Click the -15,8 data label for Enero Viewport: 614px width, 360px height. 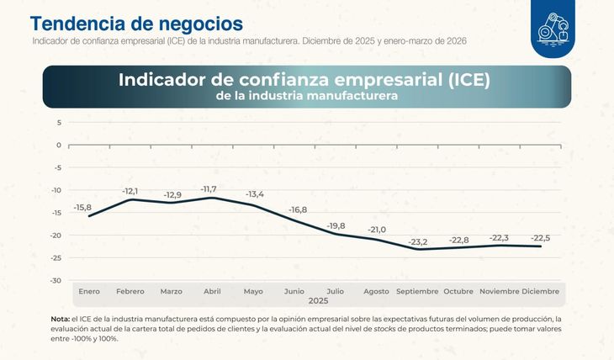click(x=82, y=207)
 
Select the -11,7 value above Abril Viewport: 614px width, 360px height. click(x=212, y=188)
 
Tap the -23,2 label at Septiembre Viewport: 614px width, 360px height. click(x=417, y=242)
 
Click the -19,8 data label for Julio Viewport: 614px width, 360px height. click(x=336, y=226)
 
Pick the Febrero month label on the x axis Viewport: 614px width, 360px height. click(x=130, y=291)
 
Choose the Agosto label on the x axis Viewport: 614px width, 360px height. click(x=376, y=291)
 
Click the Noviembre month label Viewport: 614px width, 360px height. click(x=499, y=291)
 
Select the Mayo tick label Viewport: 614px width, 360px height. click(x=253, y=291)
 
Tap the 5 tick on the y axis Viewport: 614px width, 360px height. click(x=59, y=122)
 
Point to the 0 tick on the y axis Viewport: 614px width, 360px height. click(x=59, y=145)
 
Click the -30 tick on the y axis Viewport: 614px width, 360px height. click(x=56, y=280)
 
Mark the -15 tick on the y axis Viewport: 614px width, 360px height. click(x=56, y=213)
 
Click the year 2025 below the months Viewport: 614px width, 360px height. click(x=319, y=300)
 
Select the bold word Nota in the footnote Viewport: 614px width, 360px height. click(x=60, y=319)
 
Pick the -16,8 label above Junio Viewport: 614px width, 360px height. click(x=299, y=209)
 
